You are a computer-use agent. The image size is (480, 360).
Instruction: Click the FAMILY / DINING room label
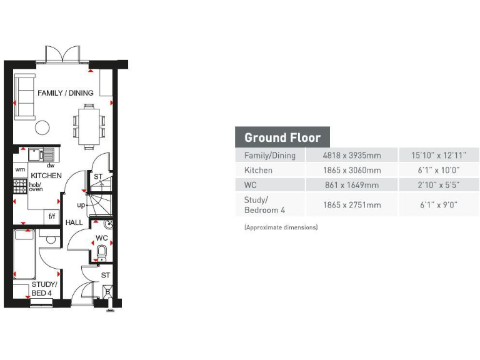point(66,93)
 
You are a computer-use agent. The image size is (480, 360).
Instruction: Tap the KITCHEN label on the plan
point(46,176)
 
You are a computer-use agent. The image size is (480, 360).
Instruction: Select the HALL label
point(74,222)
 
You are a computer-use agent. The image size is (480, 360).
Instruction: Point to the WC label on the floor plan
point(101,239)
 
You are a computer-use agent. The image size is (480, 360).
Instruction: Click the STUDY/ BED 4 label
point(44,289)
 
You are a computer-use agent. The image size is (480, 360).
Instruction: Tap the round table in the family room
point(42,127)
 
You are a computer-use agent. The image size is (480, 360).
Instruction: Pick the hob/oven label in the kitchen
point(36,187)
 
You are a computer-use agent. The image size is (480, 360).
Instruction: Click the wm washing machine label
point(20,169)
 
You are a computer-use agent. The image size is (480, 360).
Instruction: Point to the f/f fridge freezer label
point(52,216)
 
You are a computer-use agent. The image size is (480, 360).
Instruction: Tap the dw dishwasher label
point(51,166)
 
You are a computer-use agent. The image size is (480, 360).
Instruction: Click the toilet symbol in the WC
point(102,252)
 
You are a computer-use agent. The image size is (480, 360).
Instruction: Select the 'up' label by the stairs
point(81,205)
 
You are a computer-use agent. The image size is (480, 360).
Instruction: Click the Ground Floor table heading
point(282,137)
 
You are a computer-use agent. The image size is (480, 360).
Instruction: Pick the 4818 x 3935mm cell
point(351,155)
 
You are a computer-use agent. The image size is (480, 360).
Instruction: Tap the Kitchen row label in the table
point(258,170)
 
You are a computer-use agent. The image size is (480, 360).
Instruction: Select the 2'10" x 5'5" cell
point(439,185)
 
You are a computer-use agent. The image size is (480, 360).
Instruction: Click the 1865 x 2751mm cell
point(351,204)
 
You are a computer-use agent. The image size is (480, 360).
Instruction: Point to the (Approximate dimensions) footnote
point(281,227)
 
